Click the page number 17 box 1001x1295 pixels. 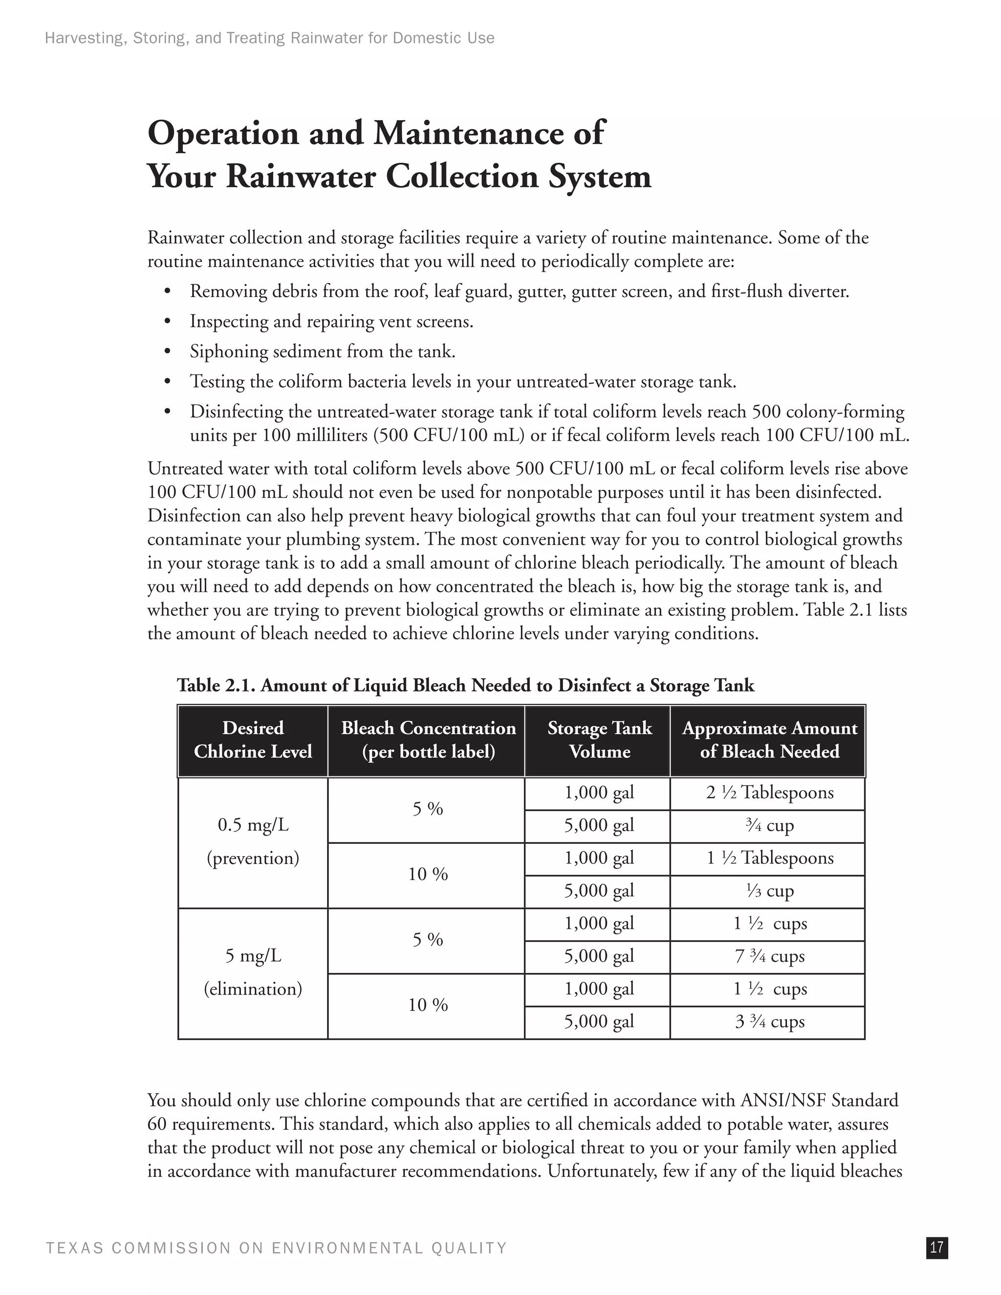click(936, 1248)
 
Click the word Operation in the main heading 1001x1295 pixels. click(223, 133)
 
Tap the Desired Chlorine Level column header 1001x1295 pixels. click(253, 740)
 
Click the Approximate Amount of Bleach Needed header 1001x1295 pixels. click(769, 740)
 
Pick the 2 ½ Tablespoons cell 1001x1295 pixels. click(769, 793)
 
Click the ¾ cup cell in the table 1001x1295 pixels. click(769, 825)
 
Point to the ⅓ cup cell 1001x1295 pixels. click(769, 890)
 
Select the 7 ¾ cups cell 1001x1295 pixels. click(769, 956)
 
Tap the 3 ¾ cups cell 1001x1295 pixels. click(769, 1021)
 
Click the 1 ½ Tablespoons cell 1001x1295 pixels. click(769, 858)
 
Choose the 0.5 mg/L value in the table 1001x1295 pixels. click(253, 825)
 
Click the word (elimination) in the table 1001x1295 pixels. click(253, 989)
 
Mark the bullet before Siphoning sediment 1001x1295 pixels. click(167, 352)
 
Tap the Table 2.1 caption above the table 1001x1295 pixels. click(465, 686)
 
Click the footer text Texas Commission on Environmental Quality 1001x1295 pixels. click(276, 1248)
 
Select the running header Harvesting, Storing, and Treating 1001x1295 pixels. click(269, 39)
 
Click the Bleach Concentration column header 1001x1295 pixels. click(428, 740)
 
